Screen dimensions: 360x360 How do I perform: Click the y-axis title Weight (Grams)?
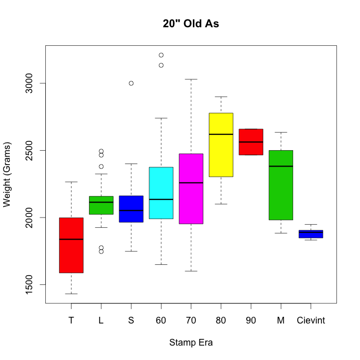pos(7,174)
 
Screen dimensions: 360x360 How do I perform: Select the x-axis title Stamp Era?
pos(191,343)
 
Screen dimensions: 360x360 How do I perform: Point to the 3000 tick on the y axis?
pos(29,83)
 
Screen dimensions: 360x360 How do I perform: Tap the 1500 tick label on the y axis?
pos(29,284)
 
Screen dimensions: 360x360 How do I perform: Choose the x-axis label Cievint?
pos(311,320)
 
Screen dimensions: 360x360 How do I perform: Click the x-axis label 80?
pos(221,320)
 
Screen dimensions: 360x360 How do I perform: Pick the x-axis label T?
pos(71,320)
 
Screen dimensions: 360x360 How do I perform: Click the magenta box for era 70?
pos(191,201)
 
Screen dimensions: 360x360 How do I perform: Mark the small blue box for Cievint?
pos(311,234)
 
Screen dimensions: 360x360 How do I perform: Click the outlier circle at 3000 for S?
pos(131,83)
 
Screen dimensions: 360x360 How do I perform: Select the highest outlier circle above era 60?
pos(161,55)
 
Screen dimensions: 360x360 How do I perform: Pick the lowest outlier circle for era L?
pos(101,251)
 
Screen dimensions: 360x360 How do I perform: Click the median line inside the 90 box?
pos(251,142)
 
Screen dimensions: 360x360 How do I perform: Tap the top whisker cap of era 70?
pos(191,79)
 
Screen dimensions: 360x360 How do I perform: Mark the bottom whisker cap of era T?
pos(71,294)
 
